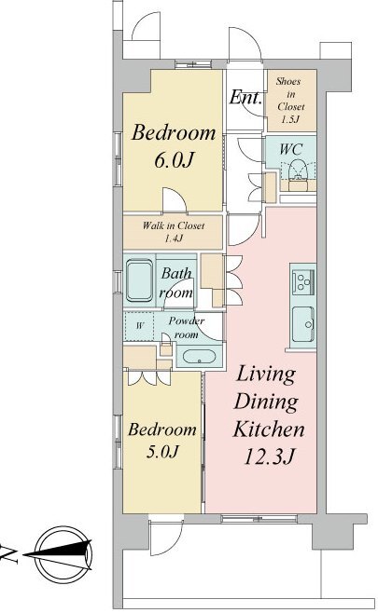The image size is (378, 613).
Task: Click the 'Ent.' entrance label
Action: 245,97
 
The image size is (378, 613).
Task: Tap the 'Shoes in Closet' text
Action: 290,94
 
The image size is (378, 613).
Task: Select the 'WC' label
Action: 291,148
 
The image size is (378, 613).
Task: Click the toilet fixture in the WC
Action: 298,170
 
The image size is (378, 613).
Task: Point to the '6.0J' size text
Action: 174,159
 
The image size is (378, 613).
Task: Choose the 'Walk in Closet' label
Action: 174,225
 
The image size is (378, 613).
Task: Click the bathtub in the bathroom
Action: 140,281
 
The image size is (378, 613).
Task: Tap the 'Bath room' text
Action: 176,283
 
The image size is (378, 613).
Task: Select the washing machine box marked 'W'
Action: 139,326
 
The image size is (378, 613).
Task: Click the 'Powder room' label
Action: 187,328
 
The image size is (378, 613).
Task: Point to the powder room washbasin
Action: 199,356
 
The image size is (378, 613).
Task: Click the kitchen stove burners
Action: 302,281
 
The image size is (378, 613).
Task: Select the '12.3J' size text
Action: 269,456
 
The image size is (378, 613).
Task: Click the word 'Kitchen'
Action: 269,429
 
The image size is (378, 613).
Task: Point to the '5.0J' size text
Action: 162,452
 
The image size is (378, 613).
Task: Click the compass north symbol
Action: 58,554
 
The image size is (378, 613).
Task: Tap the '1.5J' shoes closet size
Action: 290,119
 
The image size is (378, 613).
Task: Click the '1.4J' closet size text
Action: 174,238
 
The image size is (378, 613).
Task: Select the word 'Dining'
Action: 266,402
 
